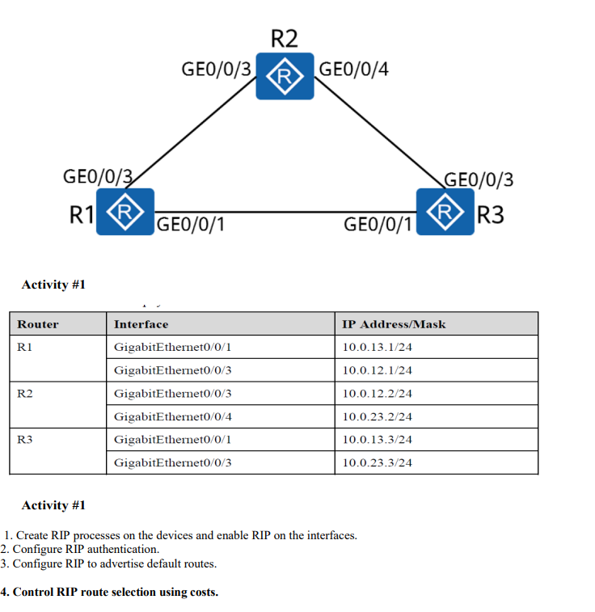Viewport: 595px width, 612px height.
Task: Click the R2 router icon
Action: coord(285,77)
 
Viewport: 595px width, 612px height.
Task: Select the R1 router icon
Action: coord(124,212)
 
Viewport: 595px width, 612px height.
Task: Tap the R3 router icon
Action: coord(445,212)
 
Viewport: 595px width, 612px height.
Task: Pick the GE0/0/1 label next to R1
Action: coord(191,225)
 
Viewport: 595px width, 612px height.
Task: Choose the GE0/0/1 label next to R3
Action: coord(378,225)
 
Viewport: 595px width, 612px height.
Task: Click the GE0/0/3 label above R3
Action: coord(479,179)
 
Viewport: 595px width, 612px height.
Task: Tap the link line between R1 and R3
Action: coord(283,212)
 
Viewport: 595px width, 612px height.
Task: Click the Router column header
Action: coord(38,324)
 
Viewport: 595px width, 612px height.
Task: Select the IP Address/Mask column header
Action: coord(394,324)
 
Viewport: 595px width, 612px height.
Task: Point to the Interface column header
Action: coord(141,324)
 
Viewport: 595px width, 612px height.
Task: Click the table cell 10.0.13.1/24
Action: coord(378,348)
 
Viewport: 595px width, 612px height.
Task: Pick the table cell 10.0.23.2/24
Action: coord(378,417)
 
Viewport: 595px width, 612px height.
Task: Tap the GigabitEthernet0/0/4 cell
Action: coord(173,417)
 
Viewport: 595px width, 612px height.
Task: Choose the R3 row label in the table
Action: coord(25,440)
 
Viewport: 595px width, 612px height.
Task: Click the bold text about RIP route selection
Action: coord(110,592)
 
